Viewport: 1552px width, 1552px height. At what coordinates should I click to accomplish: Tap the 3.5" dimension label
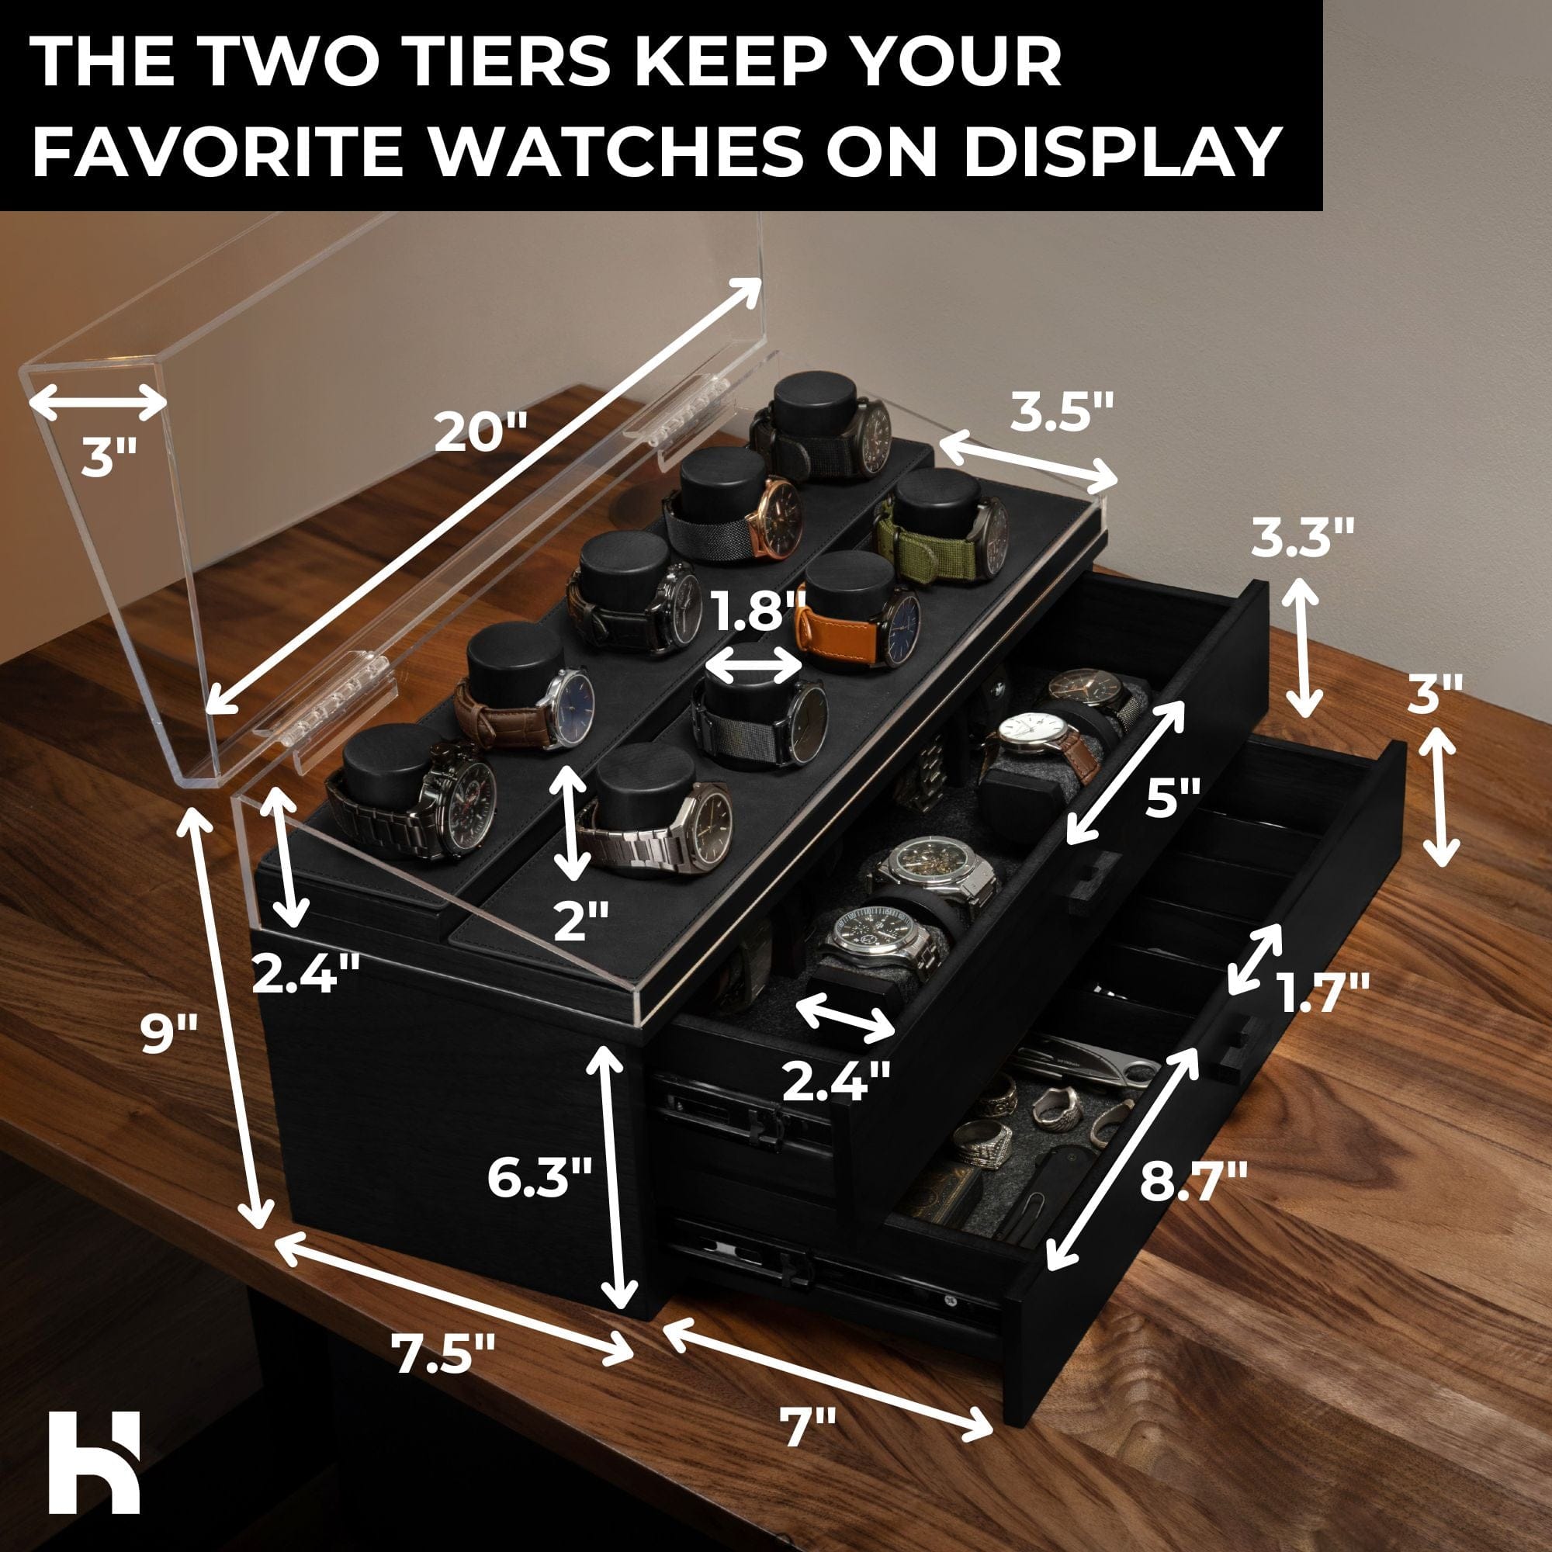(x=1062, y=412)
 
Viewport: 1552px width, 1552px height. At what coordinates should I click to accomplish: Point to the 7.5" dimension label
(x=443, y=1352)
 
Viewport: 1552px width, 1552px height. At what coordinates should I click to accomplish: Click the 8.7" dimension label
(x=1194, y=1181)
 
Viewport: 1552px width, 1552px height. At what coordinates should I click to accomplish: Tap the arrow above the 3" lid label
(x=98, y=401)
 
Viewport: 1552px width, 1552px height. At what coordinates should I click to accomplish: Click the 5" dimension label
(x=1172, y=799)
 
